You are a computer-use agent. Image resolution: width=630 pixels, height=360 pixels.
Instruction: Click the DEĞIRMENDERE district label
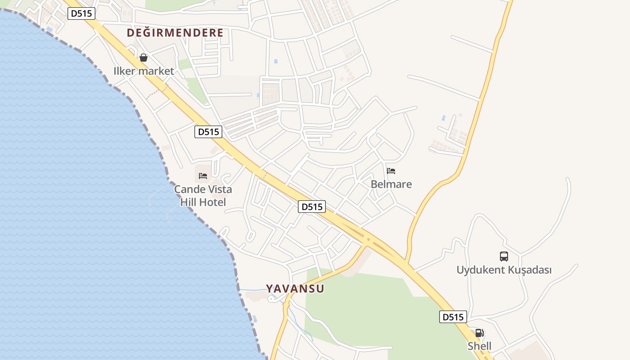pos(175,33)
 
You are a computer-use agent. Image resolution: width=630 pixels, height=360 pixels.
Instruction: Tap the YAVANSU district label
pos(295,288)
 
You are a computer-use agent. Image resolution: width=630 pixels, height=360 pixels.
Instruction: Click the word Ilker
pos(125,71)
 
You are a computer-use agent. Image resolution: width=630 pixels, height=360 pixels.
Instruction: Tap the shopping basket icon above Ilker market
pos(143,58)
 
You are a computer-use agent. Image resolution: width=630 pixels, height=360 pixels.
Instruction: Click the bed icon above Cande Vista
pos(203,175)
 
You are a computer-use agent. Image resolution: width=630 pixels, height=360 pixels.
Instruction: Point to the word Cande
pos(190,189)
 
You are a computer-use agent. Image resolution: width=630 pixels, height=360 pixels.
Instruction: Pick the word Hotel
pos(212,202)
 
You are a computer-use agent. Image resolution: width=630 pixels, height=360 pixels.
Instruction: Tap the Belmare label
pos(391,184)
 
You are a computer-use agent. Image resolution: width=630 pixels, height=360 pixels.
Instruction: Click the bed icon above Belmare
pos(391,171)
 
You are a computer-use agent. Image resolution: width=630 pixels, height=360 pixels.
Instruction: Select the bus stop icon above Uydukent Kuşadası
pos(504,256)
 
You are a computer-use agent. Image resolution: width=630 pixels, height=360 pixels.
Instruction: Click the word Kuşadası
pos(530,270)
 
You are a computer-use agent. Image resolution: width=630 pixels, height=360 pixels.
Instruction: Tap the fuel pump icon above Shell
pos(479,333)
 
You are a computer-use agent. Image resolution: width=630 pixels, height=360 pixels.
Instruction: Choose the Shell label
pos(479,346)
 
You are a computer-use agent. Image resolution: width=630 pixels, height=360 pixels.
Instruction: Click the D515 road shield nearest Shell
pos(453,317)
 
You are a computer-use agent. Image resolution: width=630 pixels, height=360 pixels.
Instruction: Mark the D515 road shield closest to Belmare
pos(312,207)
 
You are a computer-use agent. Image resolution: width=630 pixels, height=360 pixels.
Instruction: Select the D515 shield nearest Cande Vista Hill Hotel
pos(209,132)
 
